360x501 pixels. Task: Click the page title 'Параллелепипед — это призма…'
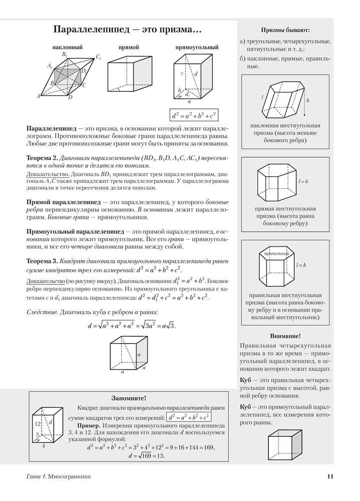tap(127, 30)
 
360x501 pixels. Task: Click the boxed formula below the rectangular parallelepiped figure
tap(194, 115)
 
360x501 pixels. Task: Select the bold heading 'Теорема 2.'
tap(42, 158)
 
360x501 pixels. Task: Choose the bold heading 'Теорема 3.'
tap(42, 261)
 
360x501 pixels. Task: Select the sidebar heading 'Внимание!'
tap(285, 336)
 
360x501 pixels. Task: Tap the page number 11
tap(330, 476)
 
